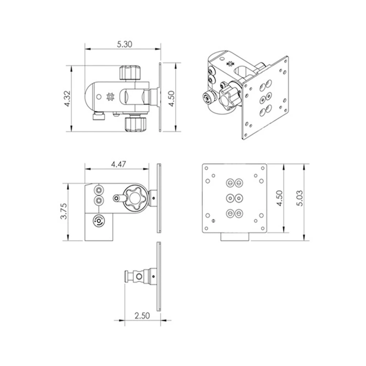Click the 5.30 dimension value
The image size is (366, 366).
tap(124, 44)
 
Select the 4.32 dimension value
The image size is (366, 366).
tap(67, 98)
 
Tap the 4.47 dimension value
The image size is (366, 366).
tap(118, 164)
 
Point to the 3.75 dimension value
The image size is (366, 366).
tap(64, 211)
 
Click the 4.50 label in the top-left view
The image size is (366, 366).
tap(172, 98)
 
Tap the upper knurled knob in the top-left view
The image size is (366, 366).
tap(130, 73)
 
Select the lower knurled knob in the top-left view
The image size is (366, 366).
tap(136, 124)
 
